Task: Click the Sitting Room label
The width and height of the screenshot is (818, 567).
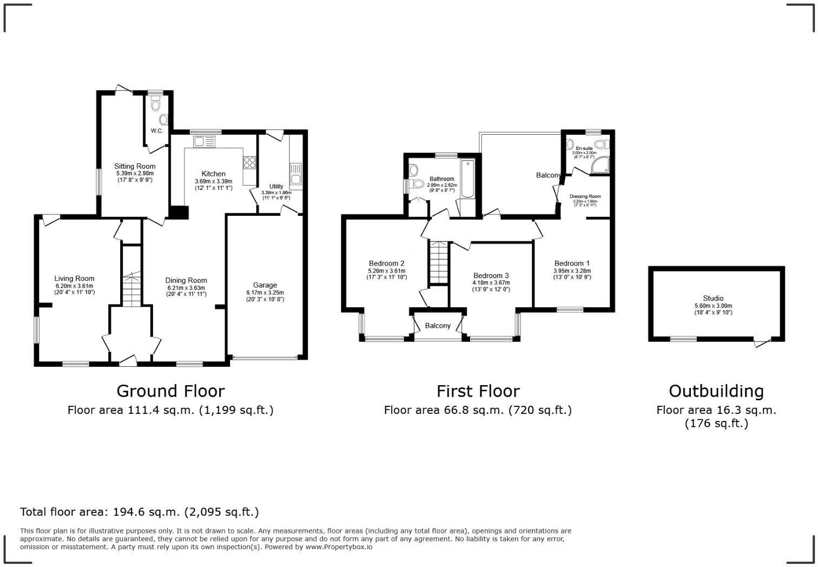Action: pyautogui.click(x=135, y=166)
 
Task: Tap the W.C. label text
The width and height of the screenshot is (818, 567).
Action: pyautogui.click(x=157, y=131)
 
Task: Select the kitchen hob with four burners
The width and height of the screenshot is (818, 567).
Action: pyautogui.click(x=249, y=163)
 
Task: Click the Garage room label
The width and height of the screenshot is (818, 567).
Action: pyautogui.click(x=265, y=285)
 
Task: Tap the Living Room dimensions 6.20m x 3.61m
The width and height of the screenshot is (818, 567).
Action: pyautogui.click(x=74, y=286)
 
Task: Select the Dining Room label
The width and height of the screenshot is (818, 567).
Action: pyautogui.click(x=186, y=280)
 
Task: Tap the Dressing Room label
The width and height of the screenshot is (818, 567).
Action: pyautogui.click(x=585, y=196)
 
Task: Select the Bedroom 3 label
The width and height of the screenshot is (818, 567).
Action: pyautogui.click(x=491, y=275)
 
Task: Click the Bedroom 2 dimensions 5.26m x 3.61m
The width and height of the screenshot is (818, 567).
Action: pyautogui.click(x=386, y=271)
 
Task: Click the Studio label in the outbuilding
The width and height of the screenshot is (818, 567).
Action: pyautogui.click(x=713, y=298)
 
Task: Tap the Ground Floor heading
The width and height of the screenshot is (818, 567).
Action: pyautogui.click(x=170, y=391)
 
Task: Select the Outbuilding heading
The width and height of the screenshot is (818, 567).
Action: pyautogui.click(x=716, y=391)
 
